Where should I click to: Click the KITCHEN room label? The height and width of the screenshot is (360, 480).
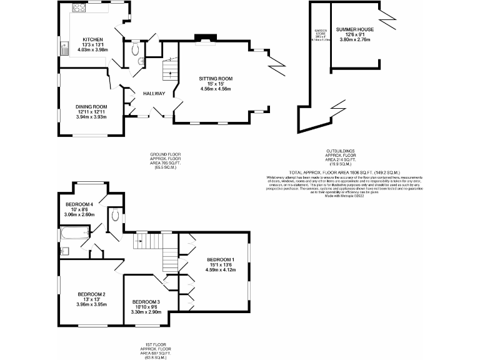coord(92,40)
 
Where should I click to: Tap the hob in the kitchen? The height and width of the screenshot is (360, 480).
coord(80,8)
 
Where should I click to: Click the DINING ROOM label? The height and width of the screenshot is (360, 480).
coord(92,107)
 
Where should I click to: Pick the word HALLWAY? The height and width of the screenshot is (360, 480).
coord(154,94)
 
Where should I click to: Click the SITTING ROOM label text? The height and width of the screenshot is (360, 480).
coord(216,79)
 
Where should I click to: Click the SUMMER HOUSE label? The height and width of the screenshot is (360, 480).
coord(354,29)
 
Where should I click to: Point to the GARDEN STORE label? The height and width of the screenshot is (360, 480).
coord(321,32)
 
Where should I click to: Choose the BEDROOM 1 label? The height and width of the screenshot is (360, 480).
coord(221,259)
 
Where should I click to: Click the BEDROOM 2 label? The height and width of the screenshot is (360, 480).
coord(91,294)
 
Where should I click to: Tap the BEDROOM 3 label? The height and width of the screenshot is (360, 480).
coord(146,302)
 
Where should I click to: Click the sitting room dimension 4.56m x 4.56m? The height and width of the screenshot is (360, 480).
coord(216,89)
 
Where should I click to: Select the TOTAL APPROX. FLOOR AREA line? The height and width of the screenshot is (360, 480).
coord(344,172)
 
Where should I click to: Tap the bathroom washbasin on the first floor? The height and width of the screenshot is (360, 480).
coord(64,251)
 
